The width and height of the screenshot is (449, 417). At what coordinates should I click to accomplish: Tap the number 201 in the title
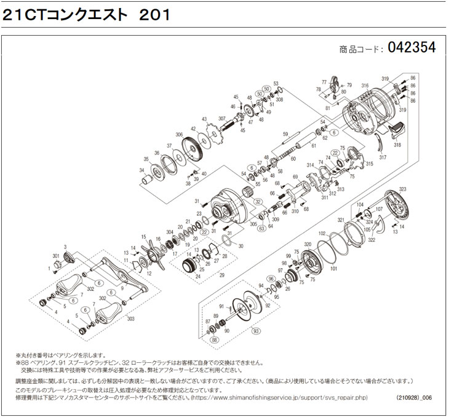(152, 14)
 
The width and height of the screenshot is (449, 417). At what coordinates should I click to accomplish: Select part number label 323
(403, 189)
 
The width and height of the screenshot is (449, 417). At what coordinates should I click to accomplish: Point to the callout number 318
(398, 145)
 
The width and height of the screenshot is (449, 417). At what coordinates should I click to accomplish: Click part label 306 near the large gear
(179, 135)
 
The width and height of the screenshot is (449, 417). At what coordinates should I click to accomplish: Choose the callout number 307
(222, 119)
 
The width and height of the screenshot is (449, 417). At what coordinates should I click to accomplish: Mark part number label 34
(143, 170)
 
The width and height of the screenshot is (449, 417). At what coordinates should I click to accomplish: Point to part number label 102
(321, 234)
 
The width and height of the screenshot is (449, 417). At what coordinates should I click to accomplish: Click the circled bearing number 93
(255, 333)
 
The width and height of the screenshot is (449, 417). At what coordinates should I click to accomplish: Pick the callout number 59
(285, 134)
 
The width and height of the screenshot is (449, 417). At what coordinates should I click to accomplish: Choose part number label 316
(365, 85)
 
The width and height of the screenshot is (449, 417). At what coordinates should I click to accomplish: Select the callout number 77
(324, 82)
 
